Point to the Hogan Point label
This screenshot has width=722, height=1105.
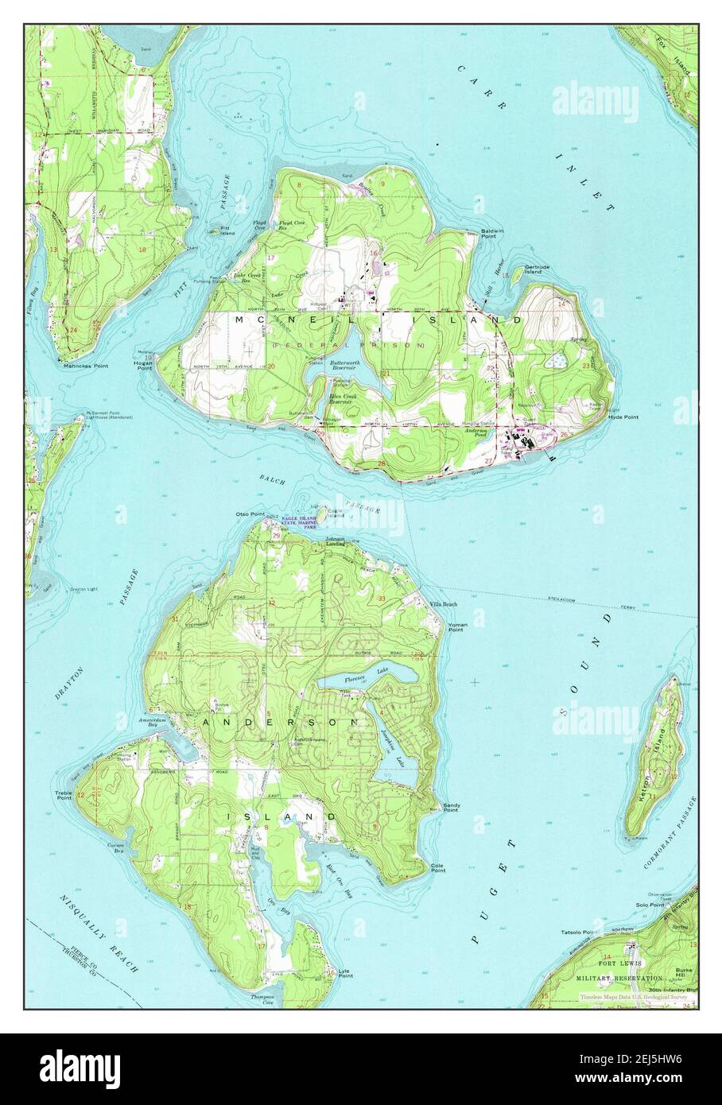(x=143, y=366)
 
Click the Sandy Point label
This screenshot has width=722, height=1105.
(x=451, y=808)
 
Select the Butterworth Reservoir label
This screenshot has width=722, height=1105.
(x=347, y=366)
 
